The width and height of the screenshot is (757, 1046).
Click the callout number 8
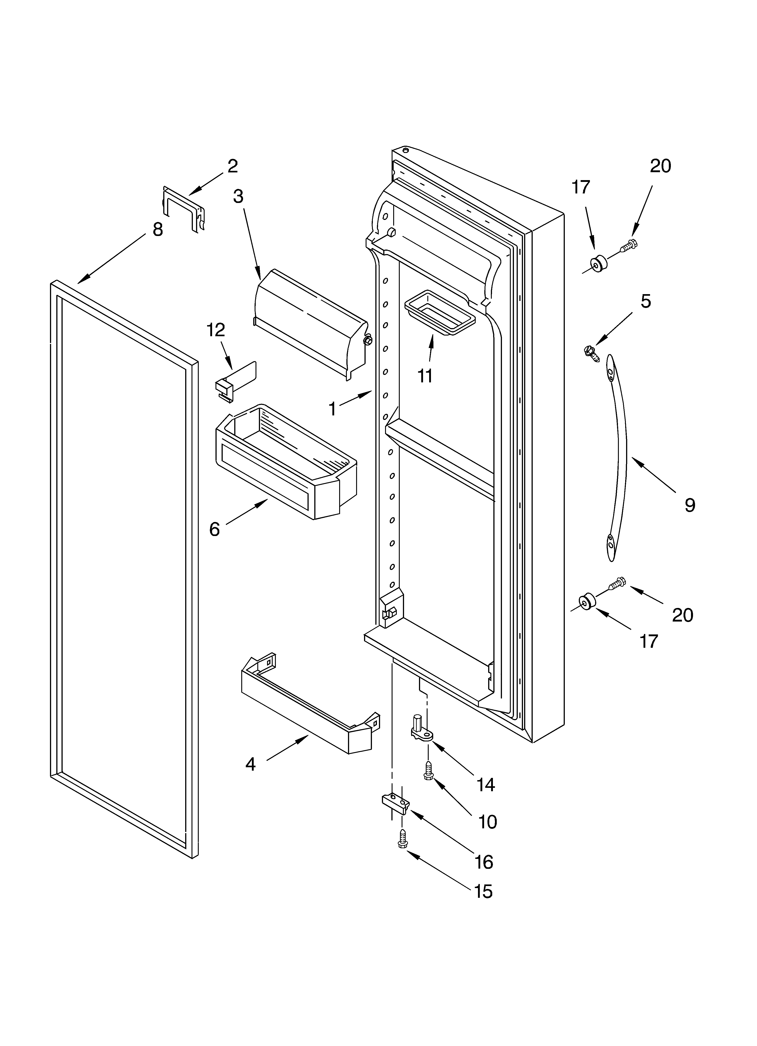(x=158, y=229)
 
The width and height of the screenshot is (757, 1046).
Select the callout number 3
(x=238, y=197)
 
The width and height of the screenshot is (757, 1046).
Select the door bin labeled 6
(x=286, y=461)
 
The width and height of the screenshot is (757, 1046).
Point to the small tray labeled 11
(x=439, y=312)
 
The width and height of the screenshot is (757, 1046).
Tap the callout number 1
(x=332, y=409)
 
